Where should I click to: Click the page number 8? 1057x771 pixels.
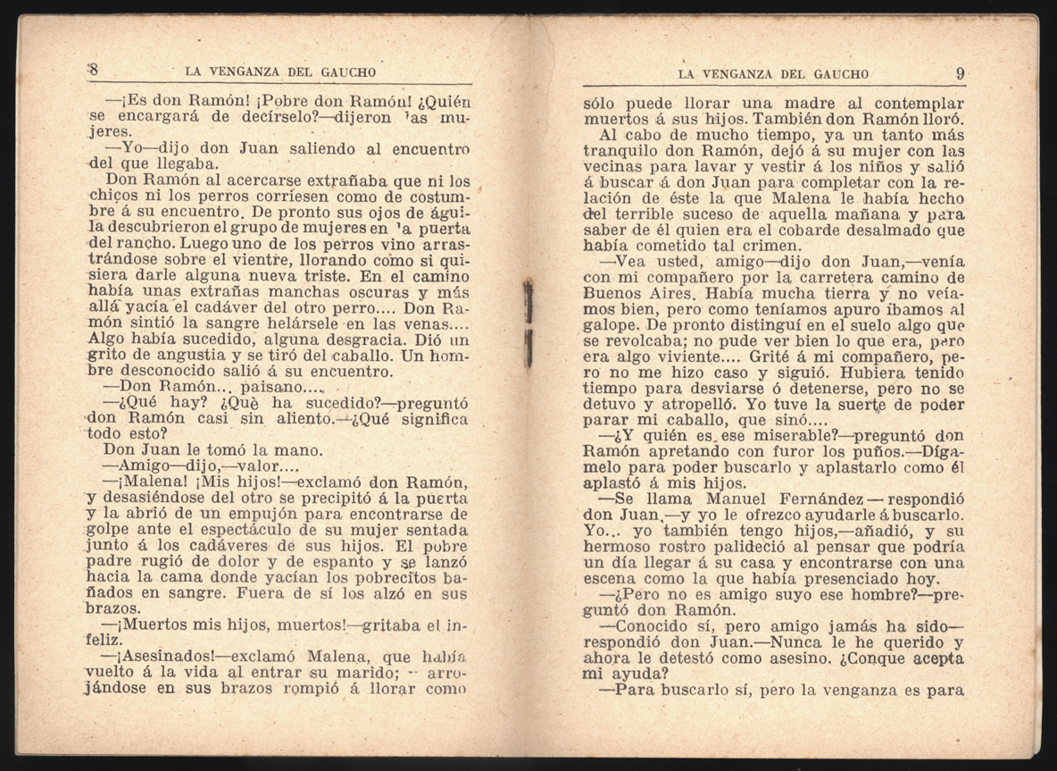[92, 71]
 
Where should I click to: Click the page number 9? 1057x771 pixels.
[960, 74]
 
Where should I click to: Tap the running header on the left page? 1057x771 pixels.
[279, 71]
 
